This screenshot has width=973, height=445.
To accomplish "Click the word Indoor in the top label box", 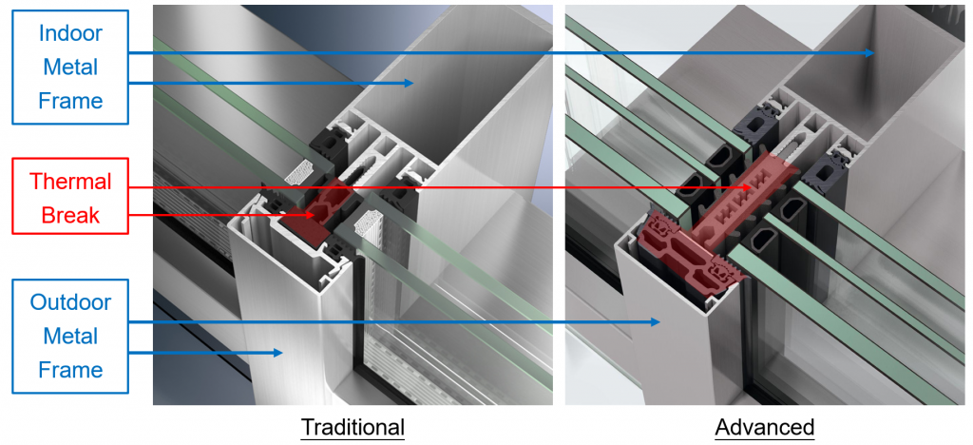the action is click(70, 33).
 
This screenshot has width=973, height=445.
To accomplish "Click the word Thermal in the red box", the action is click(70, 182).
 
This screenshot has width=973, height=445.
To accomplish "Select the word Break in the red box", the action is click(70, 215).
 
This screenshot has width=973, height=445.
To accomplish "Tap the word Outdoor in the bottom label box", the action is click(70, 302).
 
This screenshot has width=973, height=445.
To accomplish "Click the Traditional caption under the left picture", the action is click(353, 427).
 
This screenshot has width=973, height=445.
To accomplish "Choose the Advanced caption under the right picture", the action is click(765, 427).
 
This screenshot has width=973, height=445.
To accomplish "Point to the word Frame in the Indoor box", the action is click(70, 100).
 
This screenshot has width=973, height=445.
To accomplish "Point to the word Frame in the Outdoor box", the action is click(70, 369).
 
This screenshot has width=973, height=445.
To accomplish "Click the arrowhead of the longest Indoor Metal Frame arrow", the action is click(869, 53).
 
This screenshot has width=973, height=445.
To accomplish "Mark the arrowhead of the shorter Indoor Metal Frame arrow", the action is click(409, 83).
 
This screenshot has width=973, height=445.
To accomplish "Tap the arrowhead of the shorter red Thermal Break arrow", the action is click(309, 215).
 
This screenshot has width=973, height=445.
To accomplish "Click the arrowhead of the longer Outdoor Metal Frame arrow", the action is click(655, 321).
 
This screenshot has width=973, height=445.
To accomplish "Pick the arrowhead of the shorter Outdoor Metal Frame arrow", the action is click(277, 353).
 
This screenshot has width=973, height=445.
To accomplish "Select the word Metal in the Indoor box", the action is click(70, 67).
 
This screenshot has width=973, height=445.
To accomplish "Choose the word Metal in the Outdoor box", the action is click(70, 336).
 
